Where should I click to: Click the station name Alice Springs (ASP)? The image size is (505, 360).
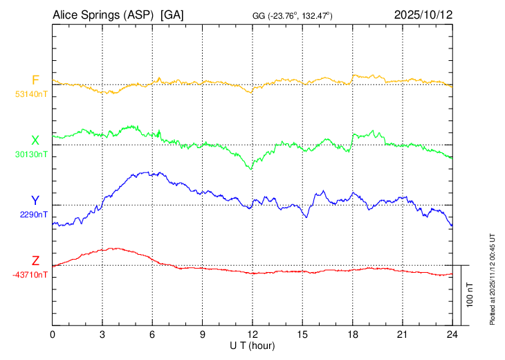pyautogui.click(x=102, y=15)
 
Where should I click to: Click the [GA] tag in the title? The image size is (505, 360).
pyautogui.click(x=172, y=15)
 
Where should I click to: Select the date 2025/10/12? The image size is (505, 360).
pyautogui.click(x=423, y=15)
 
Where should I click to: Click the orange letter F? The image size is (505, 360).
pyautogui.click(x=35, y=80)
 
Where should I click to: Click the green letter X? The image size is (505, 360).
pyautogui.click(x=35, y=141)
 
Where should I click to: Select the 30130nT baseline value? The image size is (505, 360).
pyautogui.click(x=31, y=154)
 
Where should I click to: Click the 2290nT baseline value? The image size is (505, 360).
pyautogui.click(x=33, y=215)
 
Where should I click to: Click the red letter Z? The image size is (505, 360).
pyautogui.click(x=35, y=261)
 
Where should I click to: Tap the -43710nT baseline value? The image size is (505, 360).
pyautogui.click(x=30, y=275)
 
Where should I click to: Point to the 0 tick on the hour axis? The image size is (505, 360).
pyautogui.click(x=53, y=334)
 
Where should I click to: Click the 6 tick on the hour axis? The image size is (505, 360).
pyautogui.click(x=152, y=334)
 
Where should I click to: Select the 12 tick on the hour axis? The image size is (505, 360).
pyautogui.click(x=252, y=334)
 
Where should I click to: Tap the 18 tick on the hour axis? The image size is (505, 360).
pyautogui.click(x=353, y=334)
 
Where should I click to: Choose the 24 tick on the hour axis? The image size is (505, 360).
pyautogui.click(x=452, y=334)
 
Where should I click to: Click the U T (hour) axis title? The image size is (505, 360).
pyautogui.click(x=252, y=345)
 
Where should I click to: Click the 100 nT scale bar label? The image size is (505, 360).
pyautogui.click(x=470, y=295)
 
